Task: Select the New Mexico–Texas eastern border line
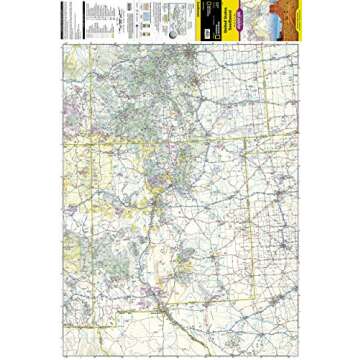[x=247, y=230]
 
